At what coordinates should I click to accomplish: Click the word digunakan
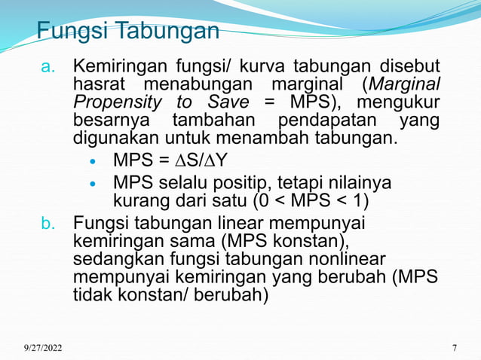pos(112,139)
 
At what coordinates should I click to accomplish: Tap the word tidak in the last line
pos(91,294)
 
